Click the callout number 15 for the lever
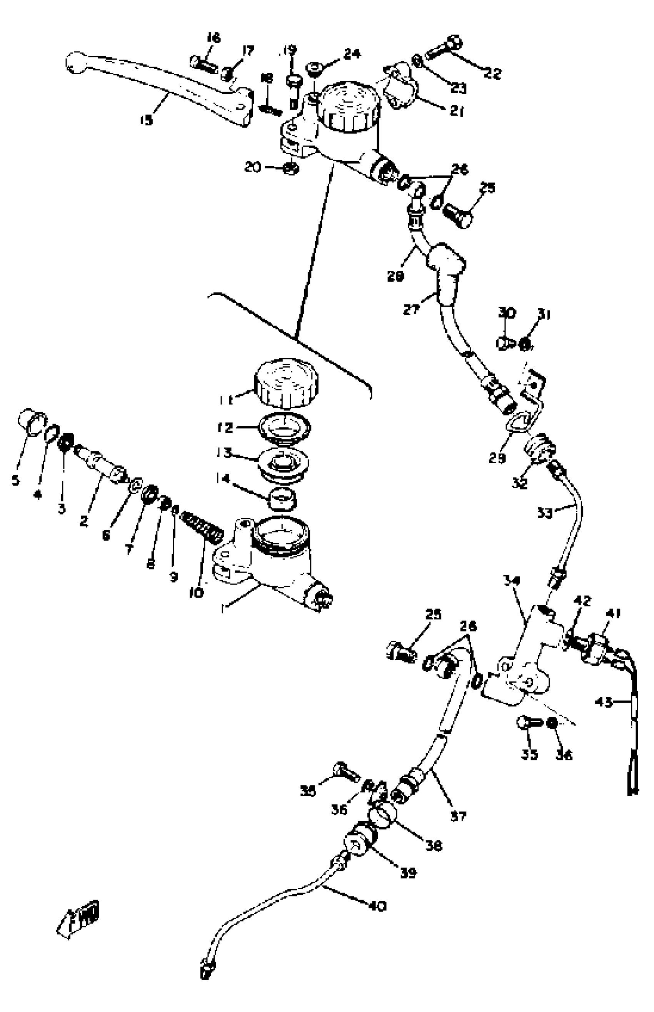point(146,120)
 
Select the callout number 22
point(493,73)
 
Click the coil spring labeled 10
point(202,528)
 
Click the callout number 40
point(377,906)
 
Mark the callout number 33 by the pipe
point(544,513)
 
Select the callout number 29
point(497,458)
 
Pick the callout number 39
point(408,872)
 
